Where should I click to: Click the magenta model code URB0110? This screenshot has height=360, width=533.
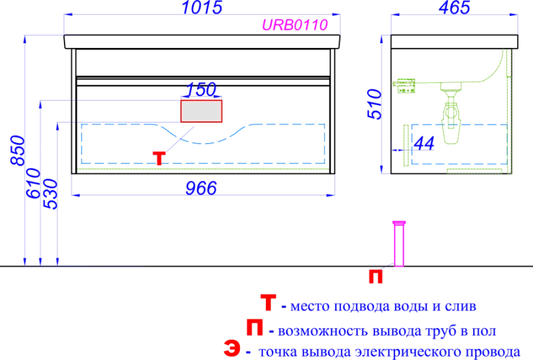295,25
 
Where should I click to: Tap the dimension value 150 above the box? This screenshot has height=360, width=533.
202,89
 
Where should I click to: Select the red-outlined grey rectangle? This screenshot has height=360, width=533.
202,111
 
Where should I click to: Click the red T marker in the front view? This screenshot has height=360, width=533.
159,158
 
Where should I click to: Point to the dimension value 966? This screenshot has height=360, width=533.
201,188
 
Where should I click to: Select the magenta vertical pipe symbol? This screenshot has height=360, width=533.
398,244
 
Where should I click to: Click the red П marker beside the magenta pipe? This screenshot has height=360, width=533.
376,276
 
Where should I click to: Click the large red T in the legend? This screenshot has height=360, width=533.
266,304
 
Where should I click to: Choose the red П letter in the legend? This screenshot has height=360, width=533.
254,327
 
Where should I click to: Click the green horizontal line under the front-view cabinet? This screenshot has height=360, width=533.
203,169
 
